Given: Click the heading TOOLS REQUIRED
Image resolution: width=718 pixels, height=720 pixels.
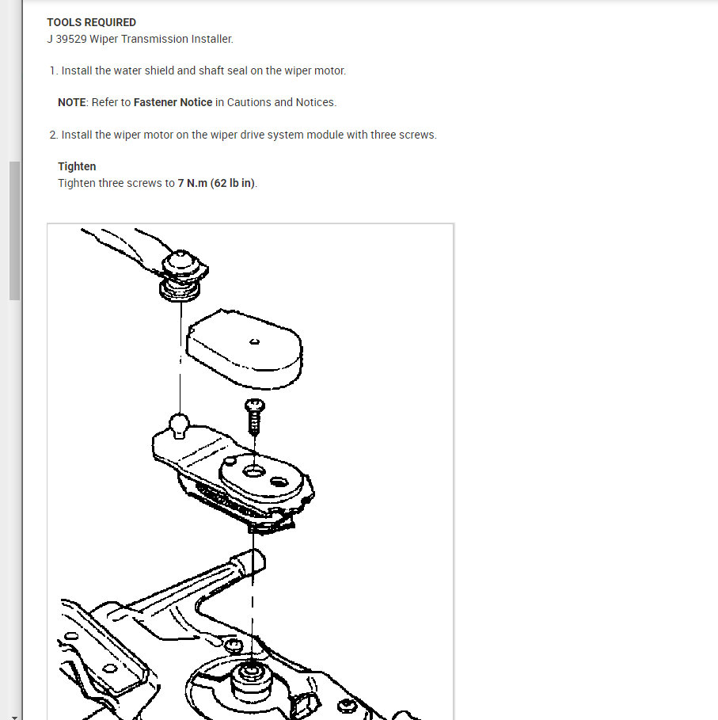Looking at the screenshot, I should point(91,22).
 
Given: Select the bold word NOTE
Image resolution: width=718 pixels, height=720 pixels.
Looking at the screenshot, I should point(72,102).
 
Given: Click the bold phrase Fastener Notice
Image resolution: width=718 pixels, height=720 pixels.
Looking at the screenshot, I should point(173,102).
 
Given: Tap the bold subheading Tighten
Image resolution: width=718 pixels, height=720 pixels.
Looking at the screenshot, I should point(77,166).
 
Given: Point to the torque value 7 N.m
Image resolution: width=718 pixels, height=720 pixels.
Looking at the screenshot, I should point(192,183).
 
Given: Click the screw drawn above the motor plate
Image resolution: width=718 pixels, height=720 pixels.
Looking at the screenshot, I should point(255,415).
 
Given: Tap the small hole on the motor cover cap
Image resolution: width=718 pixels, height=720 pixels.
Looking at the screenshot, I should point(253,342).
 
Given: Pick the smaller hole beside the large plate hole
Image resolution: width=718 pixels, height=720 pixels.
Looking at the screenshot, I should point(279,481).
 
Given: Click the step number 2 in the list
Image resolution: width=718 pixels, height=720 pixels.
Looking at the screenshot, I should point(53,135).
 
